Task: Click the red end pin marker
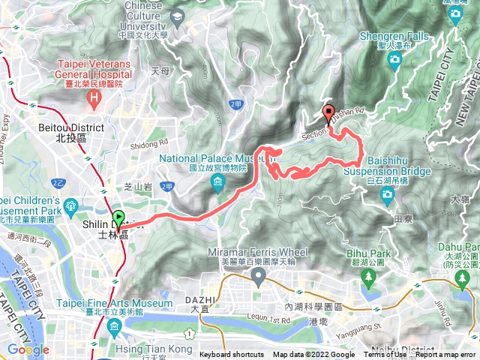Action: click(328, 113)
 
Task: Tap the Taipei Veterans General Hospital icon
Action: click(94, 97)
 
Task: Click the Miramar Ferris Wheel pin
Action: click(259, 278)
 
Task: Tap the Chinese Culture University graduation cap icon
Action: click(177, 16)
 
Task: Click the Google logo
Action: click(28, 349)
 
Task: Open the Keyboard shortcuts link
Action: click(232, 355)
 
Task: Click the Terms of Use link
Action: click(385, 355)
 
